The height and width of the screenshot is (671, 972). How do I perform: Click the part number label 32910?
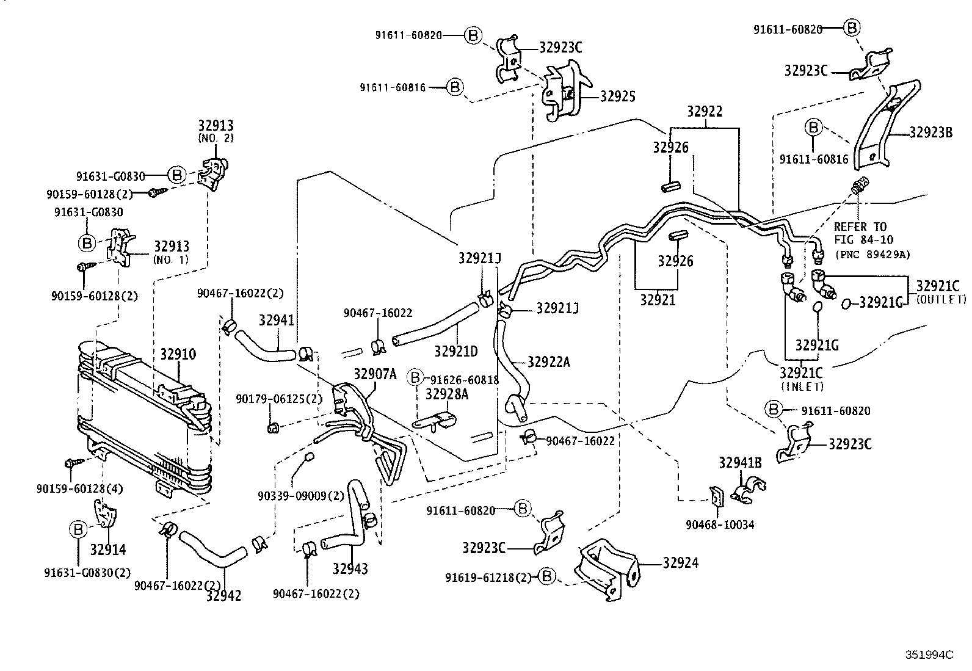[178, 354]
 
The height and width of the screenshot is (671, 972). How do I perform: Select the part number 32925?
[617, 96]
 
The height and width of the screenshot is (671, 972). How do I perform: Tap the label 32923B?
[930, 132]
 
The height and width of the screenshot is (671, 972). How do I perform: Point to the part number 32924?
[680, 562]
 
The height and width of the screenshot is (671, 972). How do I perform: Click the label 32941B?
[740, 462]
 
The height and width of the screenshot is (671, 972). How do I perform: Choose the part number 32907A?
[375, 374]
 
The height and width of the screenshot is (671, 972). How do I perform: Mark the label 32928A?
[447, 394]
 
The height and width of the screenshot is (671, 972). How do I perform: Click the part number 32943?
[350, 569]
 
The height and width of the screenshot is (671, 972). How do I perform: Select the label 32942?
[223, 595]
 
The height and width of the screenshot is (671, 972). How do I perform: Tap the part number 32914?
[108, 549]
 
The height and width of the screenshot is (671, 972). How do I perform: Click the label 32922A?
[548, 362]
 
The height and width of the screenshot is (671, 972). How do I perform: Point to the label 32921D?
[456, 351]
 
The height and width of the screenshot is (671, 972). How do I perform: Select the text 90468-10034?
[720, 524]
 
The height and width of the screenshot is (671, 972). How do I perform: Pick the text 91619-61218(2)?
[488, 577]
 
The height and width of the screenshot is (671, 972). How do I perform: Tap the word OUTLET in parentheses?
[941, 299]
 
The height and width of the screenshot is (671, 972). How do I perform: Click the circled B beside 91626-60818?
[415, 379]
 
